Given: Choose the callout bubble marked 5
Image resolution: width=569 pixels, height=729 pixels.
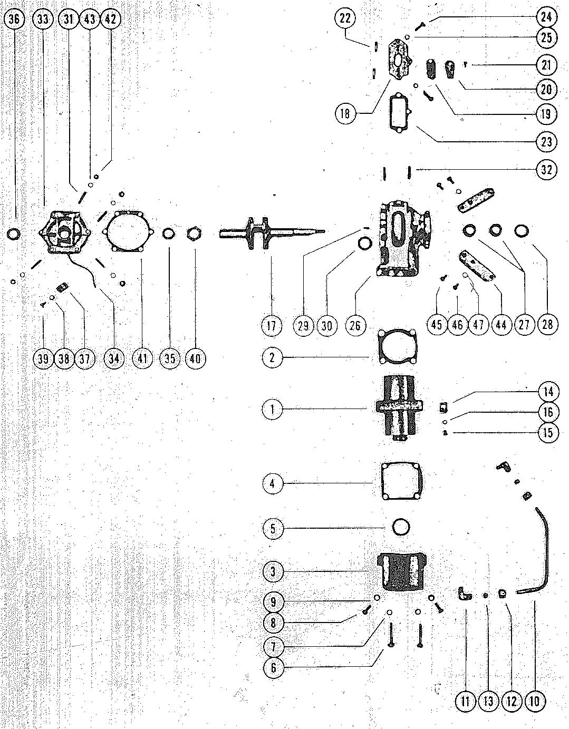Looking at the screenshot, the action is coord(272,528).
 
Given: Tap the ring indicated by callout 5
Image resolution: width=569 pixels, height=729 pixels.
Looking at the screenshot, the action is coord(402,527).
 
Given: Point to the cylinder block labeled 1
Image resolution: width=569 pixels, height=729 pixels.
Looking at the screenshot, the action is coord(399,409).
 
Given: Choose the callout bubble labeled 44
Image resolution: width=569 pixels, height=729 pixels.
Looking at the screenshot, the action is coord(501,325).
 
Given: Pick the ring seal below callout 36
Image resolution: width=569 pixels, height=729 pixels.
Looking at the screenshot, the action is coord(15,233).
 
